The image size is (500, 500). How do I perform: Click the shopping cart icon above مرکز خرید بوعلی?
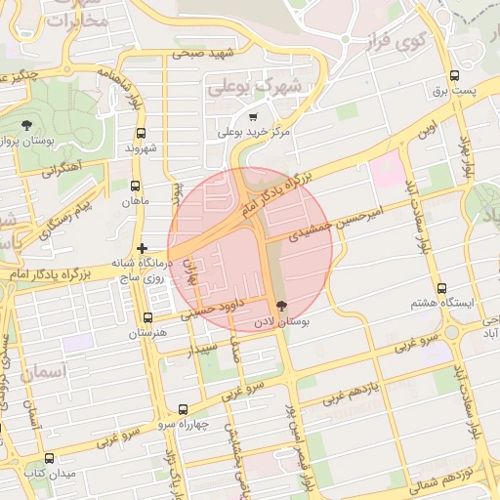pos(253,117)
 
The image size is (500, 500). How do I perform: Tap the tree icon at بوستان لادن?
pos(282,307)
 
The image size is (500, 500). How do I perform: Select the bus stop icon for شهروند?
pos(141,134)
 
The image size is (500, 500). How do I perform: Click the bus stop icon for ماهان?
pos(135,186)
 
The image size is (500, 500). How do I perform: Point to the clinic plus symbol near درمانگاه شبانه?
pos(143,248)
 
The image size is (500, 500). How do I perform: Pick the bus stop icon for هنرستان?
pos(147,318)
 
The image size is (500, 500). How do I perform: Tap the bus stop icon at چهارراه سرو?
pos(183,410)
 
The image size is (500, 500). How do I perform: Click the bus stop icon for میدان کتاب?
pos(49,458)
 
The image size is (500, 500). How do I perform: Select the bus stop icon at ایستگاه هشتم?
pos(441,289)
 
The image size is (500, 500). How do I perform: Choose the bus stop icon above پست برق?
pos(453,76)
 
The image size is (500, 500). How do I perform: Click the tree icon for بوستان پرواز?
pos(25,125)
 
